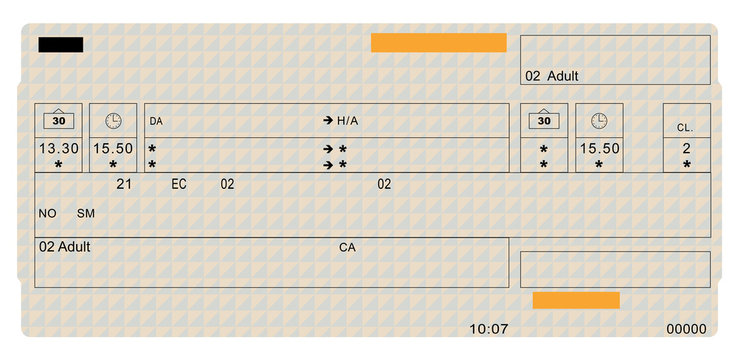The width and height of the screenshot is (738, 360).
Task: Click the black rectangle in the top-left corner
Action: pyautogui.click(x=61, y=44)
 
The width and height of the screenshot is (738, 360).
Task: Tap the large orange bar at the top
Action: pyautogui.click(x=438, y=42)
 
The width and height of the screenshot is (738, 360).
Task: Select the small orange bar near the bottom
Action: pyautogui.click(x=576, y=300)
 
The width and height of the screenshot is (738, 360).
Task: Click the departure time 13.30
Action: pyautogui.click(x=58, y=148)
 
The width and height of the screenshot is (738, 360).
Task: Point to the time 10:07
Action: pyautogui.click(x=489, y=329)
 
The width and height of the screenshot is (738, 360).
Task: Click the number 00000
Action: pyautogui.click(x=686, y=329)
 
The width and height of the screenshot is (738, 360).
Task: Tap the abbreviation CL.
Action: pyautogui.click(x=685, y=128)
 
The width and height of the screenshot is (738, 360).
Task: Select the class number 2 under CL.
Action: pyautogui.click(x=686, y=148)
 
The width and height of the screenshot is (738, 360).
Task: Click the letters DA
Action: pyautogui.click(x=156, y=121)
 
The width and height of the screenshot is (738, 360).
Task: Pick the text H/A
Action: pyautogui.click(x=347, y=121)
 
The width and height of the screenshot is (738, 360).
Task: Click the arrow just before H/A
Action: pyautogui.click(x=327, y=121)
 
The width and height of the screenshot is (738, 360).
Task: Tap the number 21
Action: pyautogui.click(x=124, y=184)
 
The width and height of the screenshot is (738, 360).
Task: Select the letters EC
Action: pyautogui.click(x=179, y=184)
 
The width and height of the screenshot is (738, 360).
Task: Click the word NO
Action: pyautogui.click(x=48, y=213)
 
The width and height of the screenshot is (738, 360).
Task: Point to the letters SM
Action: pyautogui.click(x=86, y=213)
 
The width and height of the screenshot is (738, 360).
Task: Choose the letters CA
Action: pyautogui.click(x=347, y=246)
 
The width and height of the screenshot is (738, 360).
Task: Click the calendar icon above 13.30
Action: pyautogui.click(x=58, y=120)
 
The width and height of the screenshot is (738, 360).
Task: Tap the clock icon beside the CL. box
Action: pyautogui.click(x=598, y=120)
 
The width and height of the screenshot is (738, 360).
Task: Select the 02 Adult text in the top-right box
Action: pyautogui.click(x=552, y=76)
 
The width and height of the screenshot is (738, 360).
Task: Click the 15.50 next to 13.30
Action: pyautogui.click(x=113, y=148)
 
